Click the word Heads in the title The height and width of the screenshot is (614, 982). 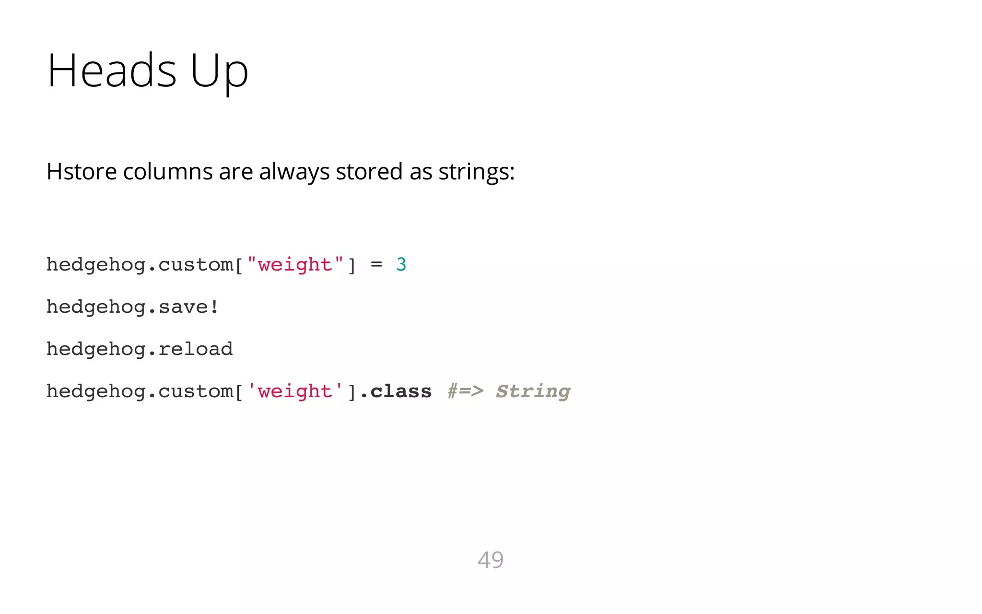click(112, 71)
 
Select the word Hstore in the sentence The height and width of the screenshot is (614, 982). click(82, 172)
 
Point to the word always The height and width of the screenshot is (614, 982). click(294, 172)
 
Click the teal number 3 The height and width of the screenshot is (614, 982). click(401, 264)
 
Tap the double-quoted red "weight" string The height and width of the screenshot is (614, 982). click(295, 265)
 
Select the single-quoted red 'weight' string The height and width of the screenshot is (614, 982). click(295, 391)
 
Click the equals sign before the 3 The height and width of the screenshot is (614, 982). click(376, 264)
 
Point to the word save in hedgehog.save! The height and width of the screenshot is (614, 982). click(183, 307)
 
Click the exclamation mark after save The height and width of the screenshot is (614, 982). click(214, 306)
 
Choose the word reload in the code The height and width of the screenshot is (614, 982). click(196, 349)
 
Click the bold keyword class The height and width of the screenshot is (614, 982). click(401, 391)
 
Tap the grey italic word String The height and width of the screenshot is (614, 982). click(533, 391)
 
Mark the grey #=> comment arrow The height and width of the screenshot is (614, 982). click(466, 391)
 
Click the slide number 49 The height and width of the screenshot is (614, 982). click(491, 560)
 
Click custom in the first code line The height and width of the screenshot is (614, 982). click(196, 265)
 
